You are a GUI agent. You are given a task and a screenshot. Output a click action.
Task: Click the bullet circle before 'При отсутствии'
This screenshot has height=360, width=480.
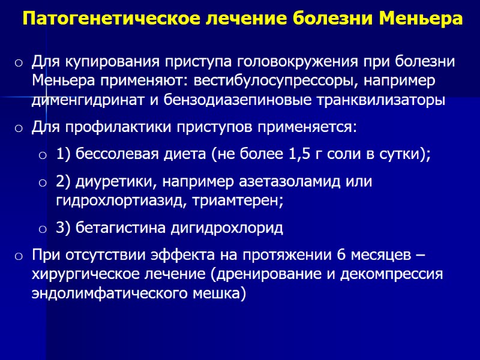(x=19, y=256)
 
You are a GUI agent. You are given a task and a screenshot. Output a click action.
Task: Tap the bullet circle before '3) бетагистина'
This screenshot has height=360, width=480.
(x=43, y=229)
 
